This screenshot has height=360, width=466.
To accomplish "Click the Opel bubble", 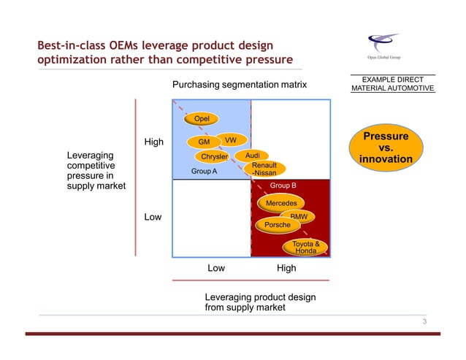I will [202, 119].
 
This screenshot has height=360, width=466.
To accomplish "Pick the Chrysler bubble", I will [214, 156].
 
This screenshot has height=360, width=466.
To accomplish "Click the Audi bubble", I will [253, 156].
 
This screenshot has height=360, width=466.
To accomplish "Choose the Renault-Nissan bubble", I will [264, 169].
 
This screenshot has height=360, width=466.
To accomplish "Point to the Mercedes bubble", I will [281, 202].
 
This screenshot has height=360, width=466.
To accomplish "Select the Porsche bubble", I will [277, 225].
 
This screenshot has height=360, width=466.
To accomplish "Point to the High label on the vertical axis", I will [153, 142].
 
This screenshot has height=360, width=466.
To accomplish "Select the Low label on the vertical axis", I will [153, 218].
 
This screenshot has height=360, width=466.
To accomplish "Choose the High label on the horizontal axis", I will [286, 268].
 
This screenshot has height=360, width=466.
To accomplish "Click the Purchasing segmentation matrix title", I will [240, 85].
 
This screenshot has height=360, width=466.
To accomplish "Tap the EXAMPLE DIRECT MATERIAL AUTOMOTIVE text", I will [392, 83].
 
